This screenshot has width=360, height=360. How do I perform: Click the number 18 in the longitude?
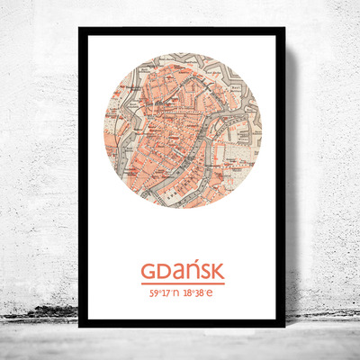pyautogui.click(x=187, y=292)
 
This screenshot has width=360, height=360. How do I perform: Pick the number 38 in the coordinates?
pyautogui.click(x=201, y=292)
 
